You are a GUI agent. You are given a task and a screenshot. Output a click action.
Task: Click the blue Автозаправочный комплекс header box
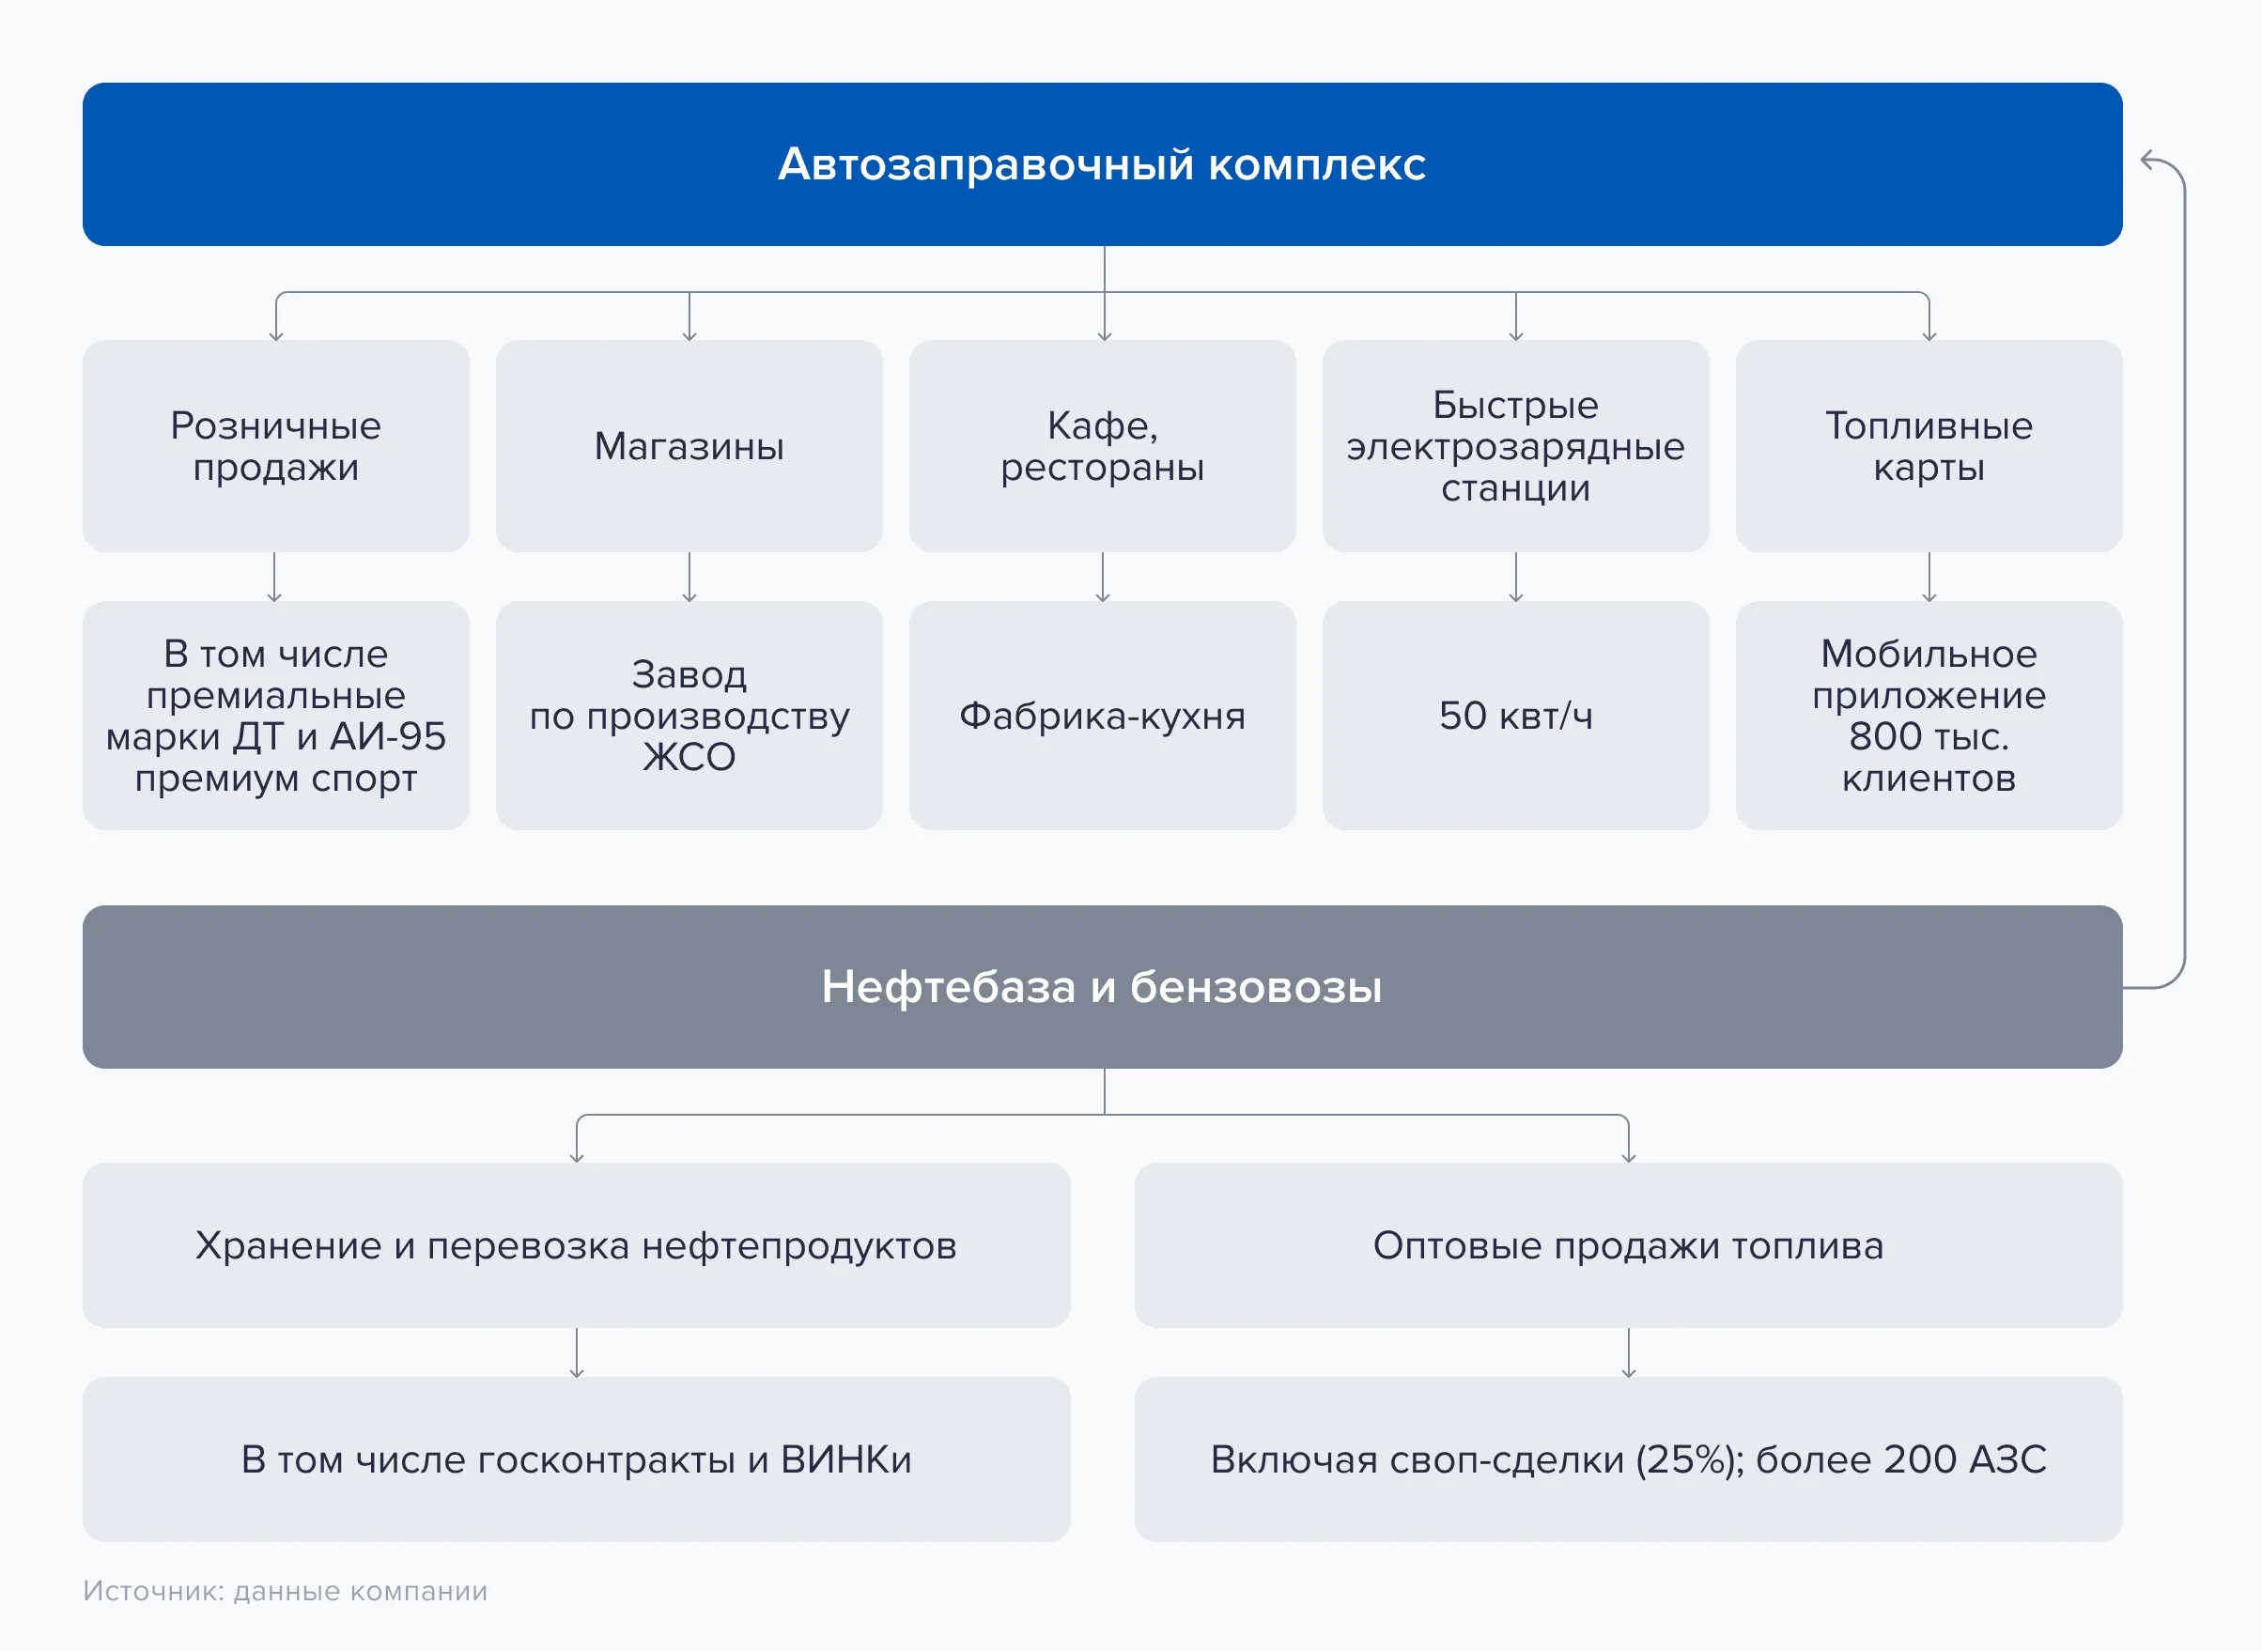click(1103, 164)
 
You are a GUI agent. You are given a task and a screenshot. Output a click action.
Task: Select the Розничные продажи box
click(276, 446)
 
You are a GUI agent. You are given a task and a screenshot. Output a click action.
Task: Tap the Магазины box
click(689, 446)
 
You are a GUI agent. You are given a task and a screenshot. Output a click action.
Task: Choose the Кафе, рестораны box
click(1103, 446)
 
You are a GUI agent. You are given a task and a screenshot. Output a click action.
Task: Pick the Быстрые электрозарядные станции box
click(1515, 446)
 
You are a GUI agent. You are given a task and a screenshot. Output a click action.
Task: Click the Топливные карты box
click(1929, 446)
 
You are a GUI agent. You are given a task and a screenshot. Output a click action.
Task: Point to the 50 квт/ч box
click(1515, 716)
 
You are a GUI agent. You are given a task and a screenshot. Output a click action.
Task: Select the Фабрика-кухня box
click(1103, 716)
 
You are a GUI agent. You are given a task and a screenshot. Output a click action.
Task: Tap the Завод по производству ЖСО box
click(689, 716)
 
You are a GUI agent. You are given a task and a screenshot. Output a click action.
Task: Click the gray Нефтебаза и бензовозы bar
click(1103, 987)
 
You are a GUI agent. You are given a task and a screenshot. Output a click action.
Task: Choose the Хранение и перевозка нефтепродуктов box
click(577, 1245)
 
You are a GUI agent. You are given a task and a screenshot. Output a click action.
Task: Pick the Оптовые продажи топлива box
click(1628, 1245)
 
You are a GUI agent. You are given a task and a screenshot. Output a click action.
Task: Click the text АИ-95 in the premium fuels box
click(388, 736)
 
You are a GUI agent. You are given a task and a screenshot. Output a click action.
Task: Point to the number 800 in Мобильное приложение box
click(1885, 736)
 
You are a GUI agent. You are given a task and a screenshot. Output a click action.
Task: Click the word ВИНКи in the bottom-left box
click(845, 1460)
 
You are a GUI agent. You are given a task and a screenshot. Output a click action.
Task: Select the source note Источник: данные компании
click(285, 1591)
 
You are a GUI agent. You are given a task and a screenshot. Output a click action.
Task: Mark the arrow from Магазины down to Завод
click(689, 577)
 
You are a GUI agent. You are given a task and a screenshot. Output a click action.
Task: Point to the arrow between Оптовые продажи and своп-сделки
click(1628, 1353)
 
